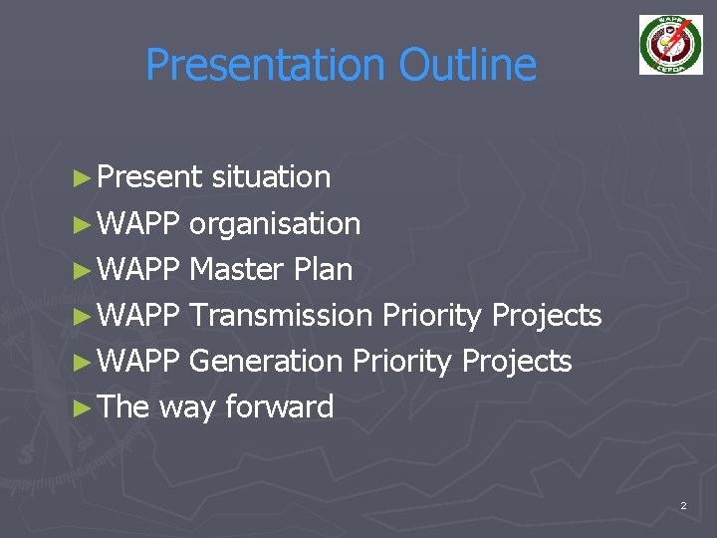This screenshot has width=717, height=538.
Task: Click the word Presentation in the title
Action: pyautogui.click(x=266, y=66)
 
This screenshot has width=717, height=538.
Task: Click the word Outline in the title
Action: pyautogui.click(x=467, y=66)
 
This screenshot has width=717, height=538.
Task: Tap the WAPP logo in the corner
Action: pyautogui.click(x=670, y=45)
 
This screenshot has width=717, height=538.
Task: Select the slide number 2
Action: pyautogui.click(x=683, y=507)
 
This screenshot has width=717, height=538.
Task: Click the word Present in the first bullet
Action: pyautogui.click(x=150, y=177)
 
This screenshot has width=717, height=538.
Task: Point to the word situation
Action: pyautogui.click(x=271, y=177)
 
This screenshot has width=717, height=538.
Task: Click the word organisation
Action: pyautogui.click(x=275, y=224)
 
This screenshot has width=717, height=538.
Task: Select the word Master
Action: pyautogui.click(x=234, y=270)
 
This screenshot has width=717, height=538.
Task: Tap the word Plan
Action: pyautogui.click(x=322, y=270)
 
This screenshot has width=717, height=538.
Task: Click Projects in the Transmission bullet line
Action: pyautogui.click(x=547, y=316)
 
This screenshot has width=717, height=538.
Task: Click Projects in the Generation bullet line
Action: pyautogui.click(x=517, y=362)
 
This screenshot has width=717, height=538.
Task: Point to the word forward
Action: pyautogui.click(x=280, y=407)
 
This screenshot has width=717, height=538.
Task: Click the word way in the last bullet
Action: pyautogui.click(x=187, y=407)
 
